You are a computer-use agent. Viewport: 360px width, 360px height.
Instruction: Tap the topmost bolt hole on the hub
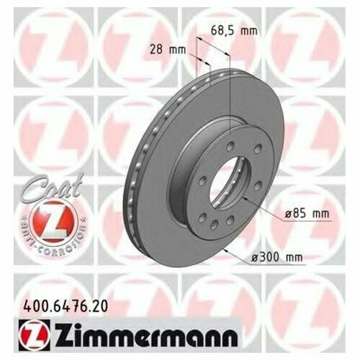point(230,147)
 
